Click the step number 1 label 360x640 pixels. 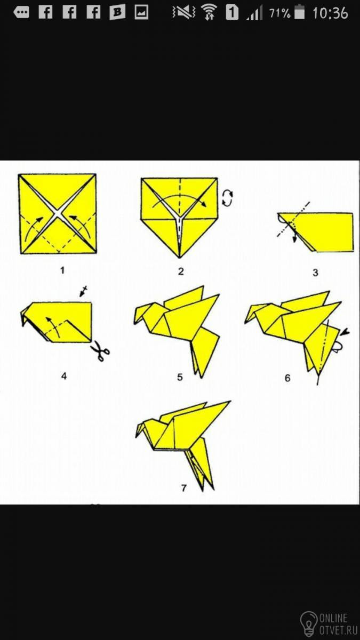(x=62, y=270)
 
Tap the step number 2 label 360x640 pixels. (x=181, y=271)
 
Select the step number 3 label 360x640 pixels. (x=315, y=273)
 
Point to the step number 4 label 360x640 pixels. (x=63, y=376)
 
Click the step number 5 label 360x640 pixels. (x=180, y=377)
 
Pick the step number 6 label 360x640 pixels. (x=287, y=378)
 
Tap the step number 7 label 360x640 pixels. (x=183, y=487)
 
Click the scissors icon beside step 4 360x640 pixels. (x=100, y=350)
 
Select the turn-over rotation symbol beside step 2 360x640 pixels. (x=228, y=198)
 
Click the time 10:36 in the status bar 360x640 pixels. (x=330, y=13)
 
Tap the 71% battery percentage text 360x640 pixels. (x=279, y=13)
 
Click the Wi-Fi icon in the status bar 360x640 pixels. (x=209, y=13)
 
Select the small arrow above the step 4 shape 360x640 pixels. (x=83, y=291)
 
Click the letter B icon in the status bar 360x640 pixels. (x=117, y=12)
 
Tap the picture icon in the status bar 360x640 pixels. (x=141, y=12)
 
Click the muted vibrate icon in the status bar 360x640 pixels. (x=183, y=13)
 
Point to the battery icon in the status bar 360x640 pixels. (x=299, y=13)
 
